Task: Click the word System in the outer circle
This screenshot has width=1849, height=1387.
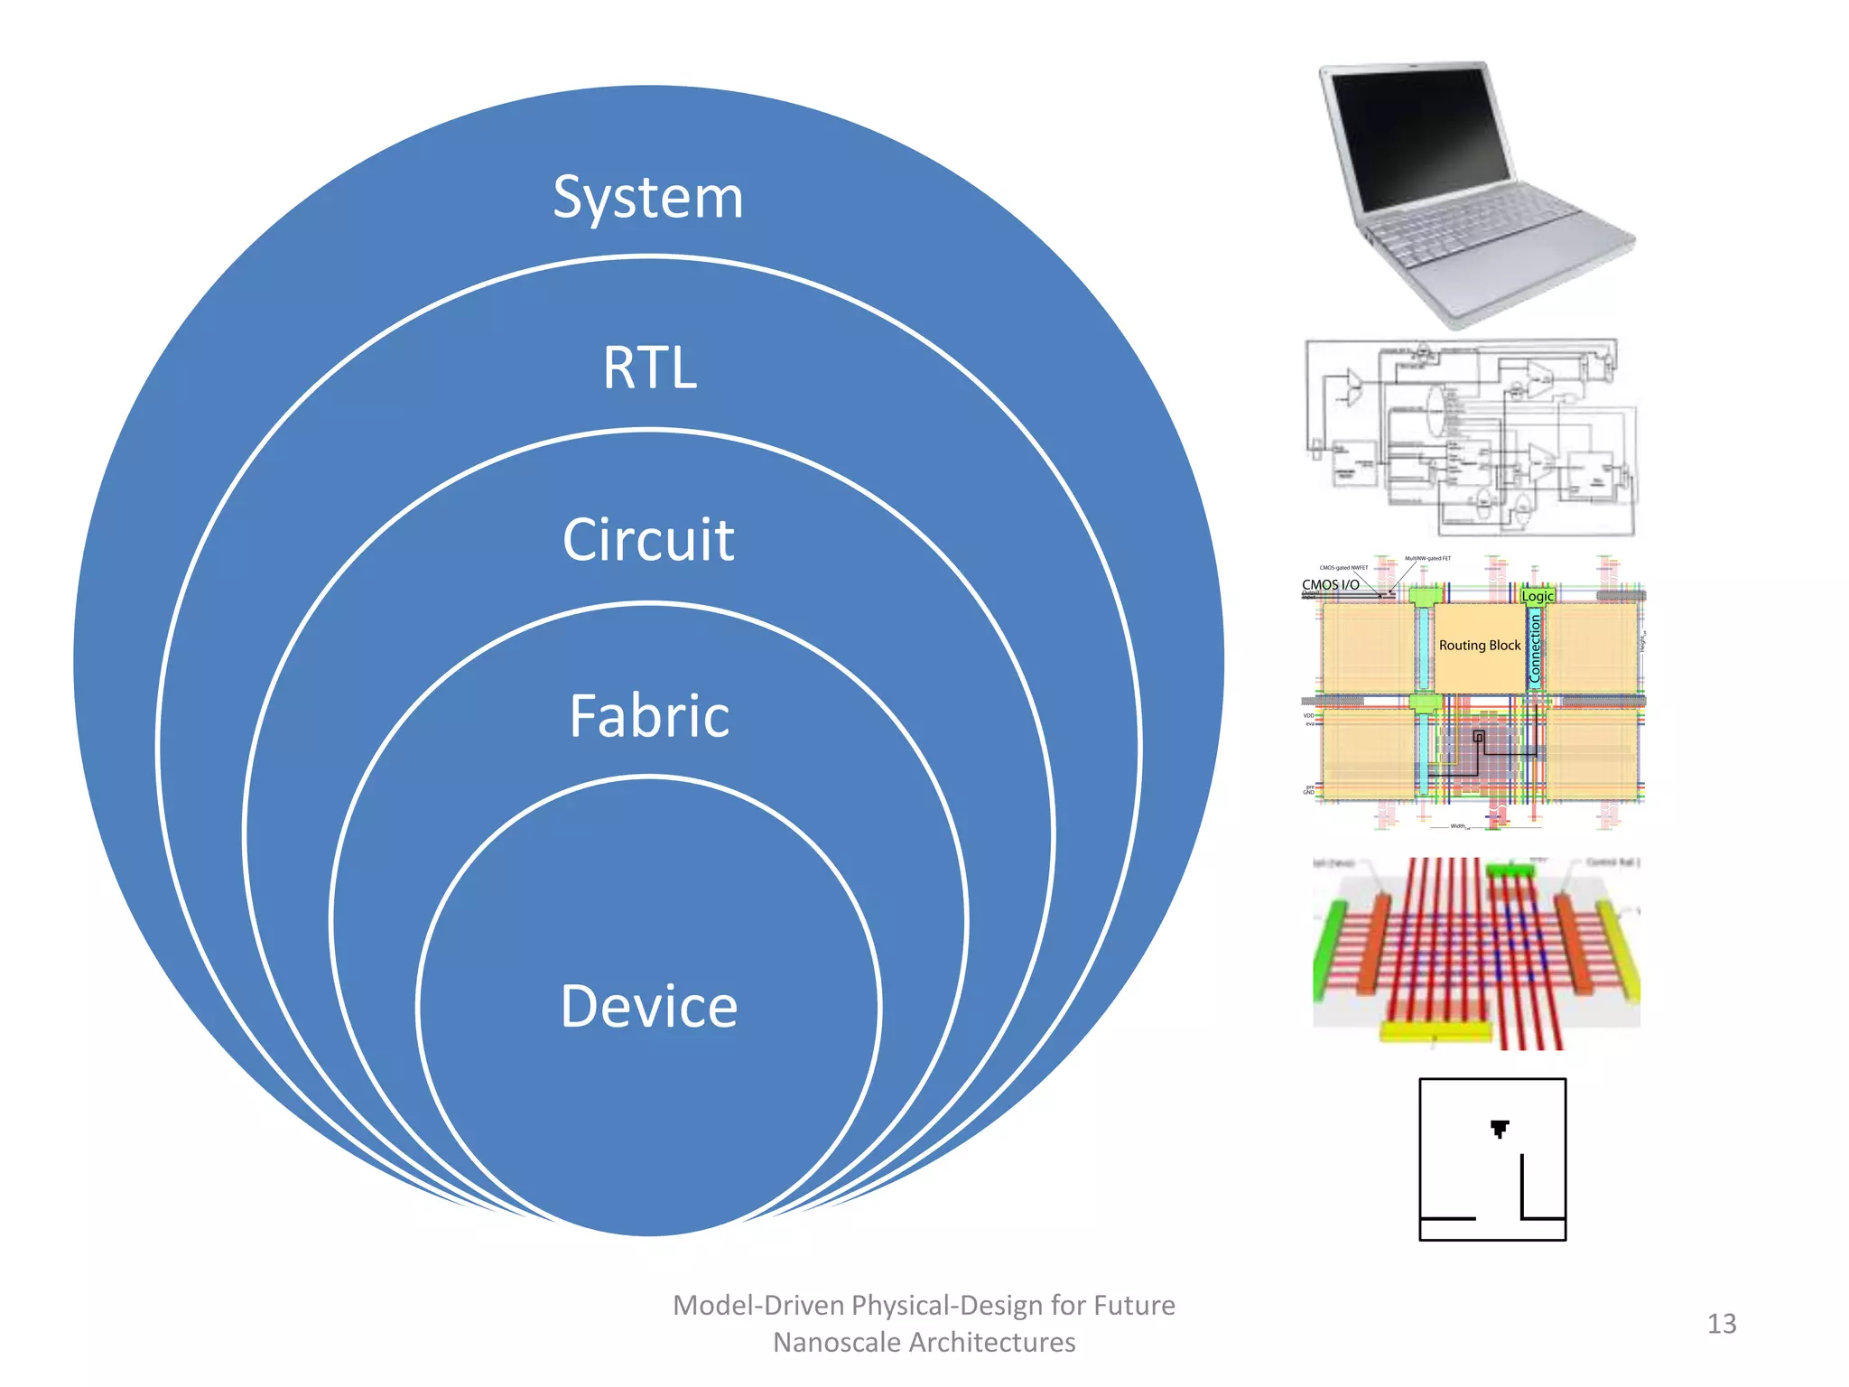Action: tap(648, 198)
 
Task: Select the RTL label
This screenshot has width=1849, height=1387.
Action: tap(650, 368)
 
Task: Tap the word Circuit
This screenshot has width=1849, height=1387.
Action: tap(648, 540)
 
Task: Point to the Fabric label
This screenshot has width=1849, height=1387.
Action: tap(649, 716)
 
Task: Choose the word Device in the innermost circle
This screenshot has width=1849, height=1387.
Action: tap(649, 1006)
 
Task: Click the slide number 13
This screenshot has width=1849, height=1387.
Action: tap(1721, 1324)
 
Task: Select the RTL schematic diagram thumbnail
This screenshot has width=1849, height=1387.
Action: tap(1472, 438)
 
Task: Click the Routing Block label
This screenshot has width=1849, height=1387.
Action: tap(1479, 646)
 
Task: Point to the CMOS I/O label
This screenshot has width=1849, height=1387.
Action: tap(1330, 585)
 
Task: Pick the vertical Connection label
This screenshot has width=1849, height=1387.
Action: tap(1535, 648)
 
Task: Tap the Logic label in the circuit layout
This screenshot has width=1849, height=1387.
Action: tap(1537, 596)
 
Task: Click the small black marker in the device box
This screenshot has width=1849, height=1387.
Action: tap(1500, 1128)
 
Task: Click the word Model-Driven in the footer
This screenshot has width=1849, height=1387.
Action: tap(758, 1306)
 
